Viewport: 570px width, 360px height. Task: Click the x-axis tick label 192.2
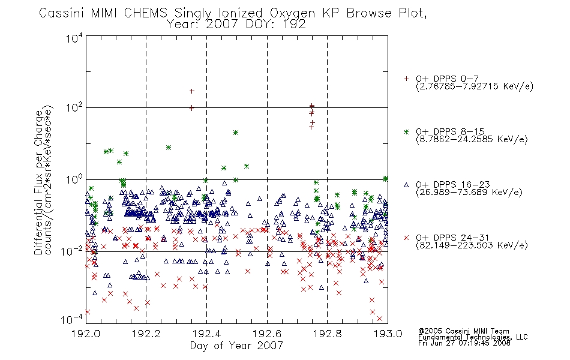click(146, 334)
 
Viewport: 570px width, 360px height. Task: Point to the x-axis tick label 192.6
click(267, 334)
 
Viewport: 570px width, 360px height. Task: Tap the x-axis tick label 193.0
click(388, 334)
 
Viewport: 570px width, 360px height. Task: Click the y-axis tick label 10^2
click(74, 107)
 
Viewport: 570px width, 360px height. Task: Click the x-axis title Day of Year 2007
click(236, 346)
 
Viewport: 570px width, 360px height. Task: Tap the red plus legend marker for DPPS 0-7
click(406, 79)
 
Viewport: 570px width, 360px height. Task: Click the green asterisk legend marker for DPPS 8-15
click(406, 132)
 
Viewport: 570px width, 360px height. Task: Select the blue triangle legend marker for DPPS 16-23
click(406, 185)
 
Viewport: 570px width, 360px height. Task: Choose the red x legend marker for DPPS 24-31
click(406, 238)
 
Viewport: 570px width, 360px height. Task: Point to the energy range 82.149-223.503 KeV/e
click(472, 245)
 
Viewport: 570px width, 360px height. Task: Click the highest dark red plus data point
click(192, 91)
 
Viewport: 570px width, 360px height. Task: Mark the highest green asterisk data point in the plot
click(236, 133)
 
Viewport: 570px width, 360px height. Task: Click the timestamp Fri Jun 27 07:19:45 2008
click(464, 343)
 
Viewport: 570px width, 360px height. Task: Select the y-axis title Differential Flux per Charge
click(38, 182)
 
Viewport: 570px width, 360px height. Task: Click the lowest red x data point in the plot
click(380, 319)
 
